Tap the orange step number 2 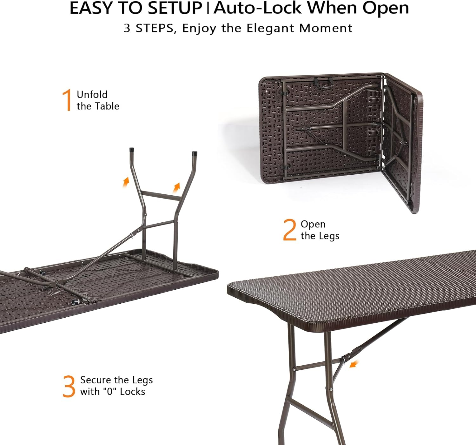pos(289,230)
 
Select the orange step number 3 pos(69,386)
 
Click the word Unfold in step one pos(92,95)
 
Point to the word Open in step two pos(313,224)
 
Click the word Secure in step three pos(96,380)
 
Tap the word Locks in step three pos(132,392)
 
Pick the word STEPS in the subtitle pos(155,28)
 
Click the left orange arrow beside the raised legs pos(126,182)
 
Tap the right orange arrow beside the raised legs pos(176,187)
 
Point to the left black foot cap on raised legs pos(131,150)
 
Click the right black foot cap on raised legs pos(195,154)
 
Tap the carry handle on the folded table pos(323,81)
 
